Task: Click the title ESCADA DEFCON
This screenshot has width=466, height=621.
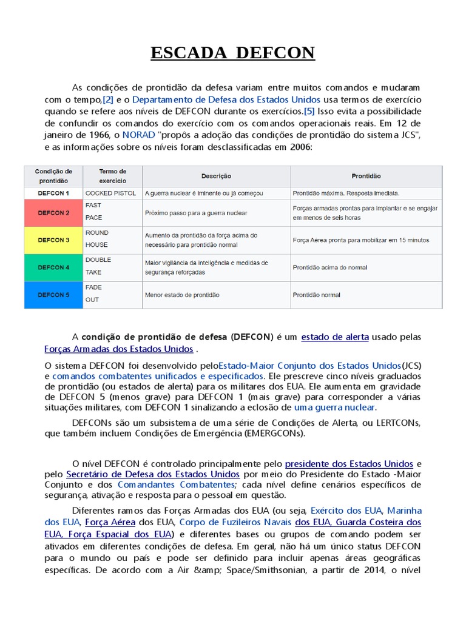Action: [233, 53]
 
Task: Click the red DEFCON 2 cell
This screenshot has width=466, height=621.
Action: [53, 213]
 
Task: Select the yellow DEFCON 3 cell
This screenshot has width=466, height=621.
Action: [53, 240]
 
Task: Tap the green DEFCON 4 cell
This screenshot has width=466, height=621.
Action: [53, 267]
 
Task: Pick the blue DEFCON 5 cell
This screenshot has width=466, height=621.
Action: [53, 295]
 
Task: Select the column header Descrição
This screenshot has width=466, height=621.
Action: [216, 176]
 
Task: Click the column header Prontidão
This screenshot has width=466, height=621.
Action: [366, 176]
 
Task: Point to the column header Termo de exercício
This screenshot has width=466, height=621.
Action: [112, 176]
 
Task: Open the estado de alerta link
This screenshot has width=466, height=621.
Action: [334, 337]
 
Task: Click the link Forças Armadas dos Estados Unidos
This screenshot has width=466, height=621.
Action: [119, 349]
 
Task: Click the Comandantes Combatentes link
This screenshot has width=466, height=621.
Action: [175, 485]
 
